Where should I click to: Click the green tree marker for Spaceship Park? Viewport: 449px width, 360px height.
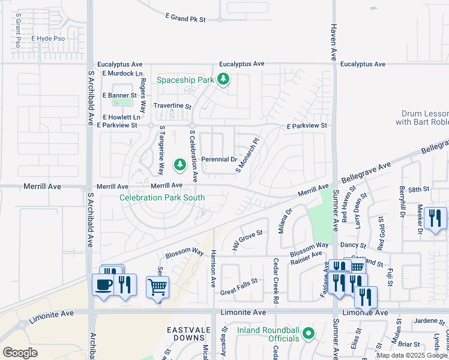point(223,79)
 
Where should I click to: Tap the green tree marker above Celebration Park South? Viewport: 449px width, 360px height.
point(179,164)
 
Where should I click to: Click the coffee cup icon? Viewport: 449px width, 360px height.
point(103,284)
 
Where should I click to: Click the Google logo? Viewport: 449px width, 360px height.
point(20,353)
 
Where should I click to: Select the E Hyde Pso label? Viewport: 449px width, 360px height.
point(50,39)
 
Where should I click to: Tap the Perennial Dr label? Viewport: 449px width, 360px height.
point(219,160)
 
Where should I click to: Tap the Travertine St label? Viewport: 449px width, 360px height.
point(172,106)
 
